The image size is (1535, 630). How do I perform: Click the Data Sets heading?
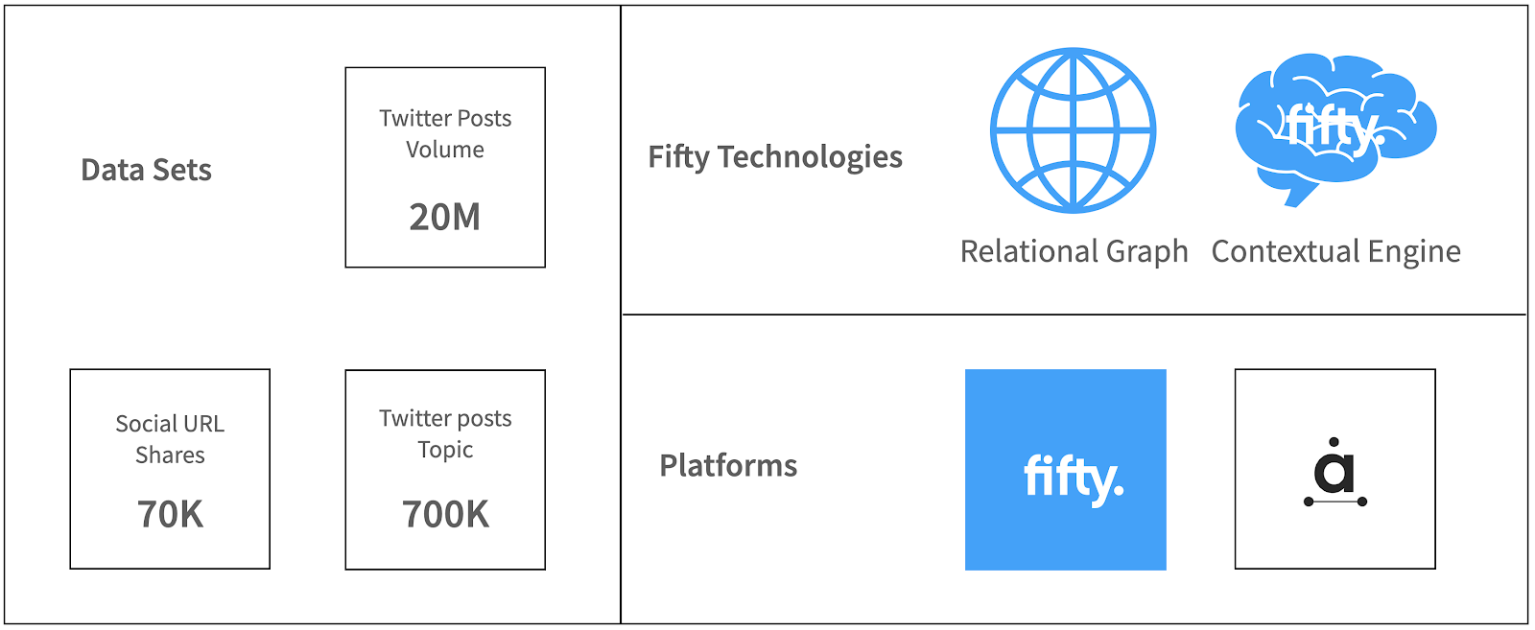click(x=146, y=171)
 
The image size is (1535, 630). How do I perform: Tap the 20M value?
click(x=445, y=217)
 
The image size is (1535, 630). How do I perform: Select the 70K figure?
click(x=170, y=514)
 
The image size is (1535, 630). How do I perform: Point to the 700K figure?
click(x=445, y=514)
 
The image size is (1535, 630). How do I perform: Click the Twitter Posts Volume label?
click(x=445, y=133)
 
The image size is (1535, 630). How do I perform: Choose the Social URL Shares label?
click(x=170, y=439)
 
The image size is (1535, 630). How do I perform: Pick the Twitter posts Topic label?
click(x=445, y=434)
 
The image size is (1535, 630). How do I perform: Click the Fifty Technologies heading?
click(x=775, y=157)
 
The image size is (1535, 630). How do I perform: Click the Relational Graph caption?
click(x=1074, y=252)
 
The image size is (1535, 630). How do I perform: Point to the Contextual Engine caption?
click(x=1335, y=252)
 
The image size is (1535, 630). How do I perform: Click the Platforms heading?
click(x=728, y=466)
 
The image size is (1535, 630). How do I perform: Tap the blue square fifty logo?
click(x=1066, y=470)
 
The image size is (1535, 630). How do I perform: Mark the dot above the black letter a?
click(x=1334, y=442)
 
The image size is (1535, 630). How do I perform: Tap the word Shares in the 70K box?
click(x=170, y=455)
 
